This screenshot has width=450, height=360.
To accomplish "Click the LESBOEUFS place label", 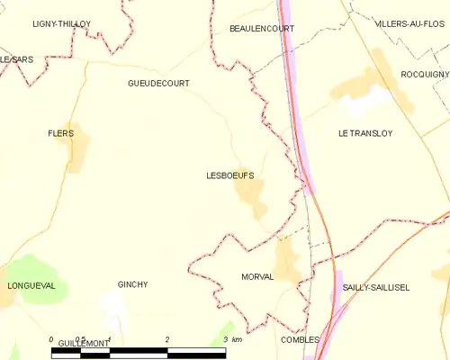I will (x=229, y=177).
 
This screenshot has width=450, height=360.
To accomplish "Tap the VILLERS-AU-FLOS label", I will (x=412, y=22).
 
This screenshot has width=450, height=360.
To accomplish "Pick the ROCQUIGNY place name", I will (x=425, y=74).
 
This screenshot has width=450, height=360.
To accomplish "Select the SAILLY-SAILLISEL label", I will (x=375, y=287).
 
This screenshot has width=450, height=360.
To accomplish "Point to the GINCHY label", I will (x=132, y=284).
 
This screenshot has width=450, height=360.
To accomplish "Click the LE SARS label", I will (x=15, y=58).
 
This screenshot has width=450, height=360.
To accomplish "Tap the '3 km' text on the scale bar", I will (x=232, y=340).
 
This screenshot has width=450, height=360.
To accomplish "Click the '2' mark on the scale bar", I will (x=167, y=340).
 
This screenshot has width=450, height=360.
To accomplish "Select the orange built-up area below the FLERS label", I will (x=77, y=155).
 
